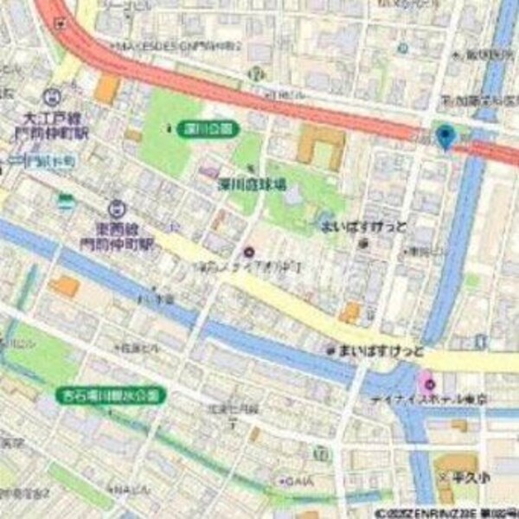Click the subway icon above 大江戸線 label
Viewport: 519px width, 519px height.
coord(54,96)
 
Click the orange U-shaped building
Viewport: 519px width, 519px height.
coord(321,146)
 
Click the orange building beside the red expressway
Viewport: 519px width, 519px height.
coord(106,89)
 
